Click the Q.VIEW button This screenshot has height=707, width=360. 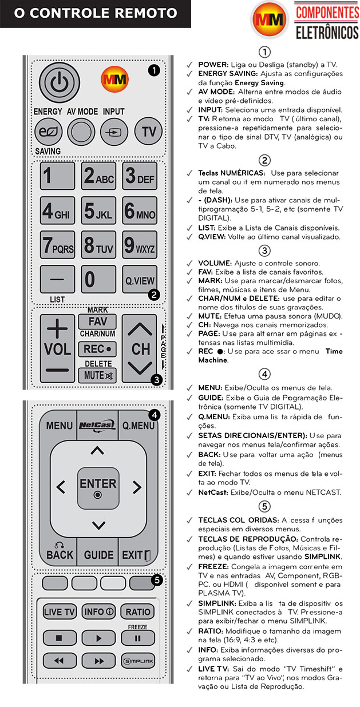pos(139,281)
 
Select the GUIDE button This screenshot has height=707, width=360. pos(98,555)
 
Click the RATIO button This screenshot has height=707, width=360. pos(139,611)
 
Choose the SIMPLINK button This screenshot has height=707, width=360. pos(139,660)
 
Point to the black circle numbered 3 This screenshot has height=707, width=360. pos(157,379)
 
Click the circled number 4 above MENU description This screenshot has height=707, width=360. pos(264,375)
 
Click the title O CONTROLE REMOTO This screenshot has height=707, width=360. pos(95,13)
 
